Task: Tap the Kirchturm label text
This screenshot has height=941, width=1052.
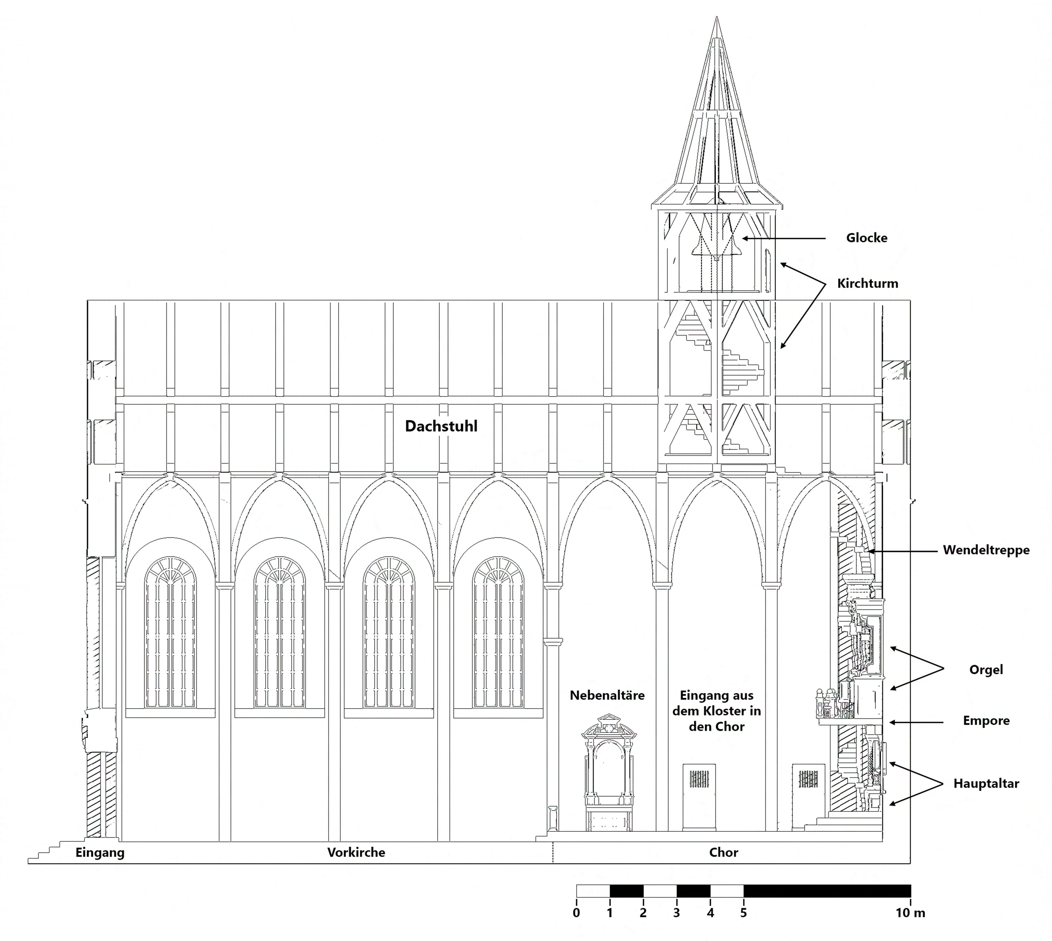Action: tap(868, 284)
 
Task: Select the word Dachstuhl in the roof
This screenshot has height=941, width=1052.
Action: tap(441, 426)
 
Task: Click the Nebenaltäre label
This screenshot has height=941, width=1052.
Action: tap(607, 695)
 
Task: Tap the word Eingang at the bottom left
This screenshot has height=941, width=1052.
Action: tap(100, 853)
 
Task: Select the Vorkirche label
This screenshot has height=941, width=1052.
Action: tap(356, 853)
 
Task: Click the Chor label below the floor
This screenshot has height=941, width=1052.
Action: tap(723, 853)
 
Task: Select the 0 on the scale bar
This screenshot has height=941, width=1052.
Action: tap(576, 913)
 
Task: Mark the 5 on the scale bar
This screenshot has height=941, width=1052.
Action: tap(743, 913)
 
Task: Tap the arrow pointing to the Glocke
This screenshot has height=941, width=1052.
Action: tap(784, 238)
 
